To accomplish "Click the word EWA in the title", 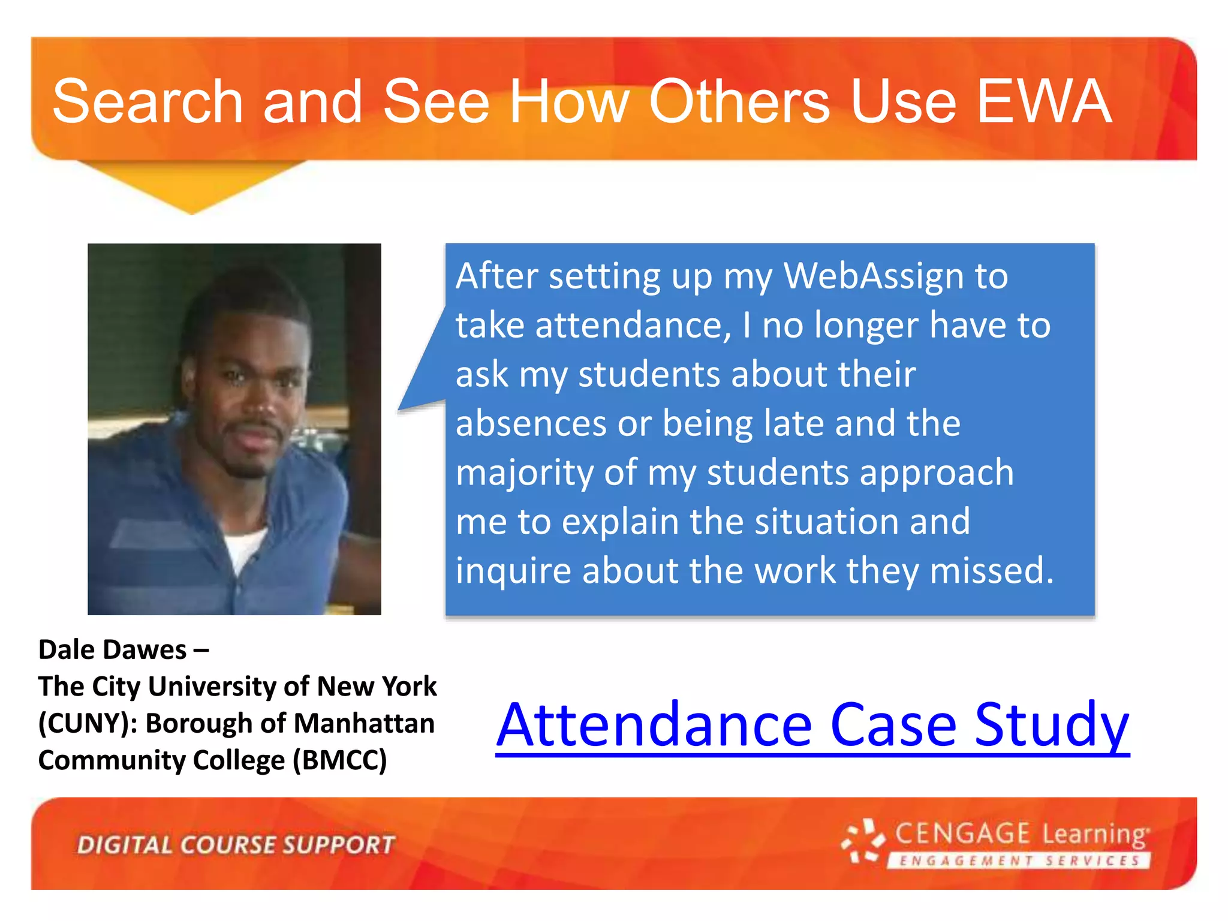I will pyautogui.click(x=1045, y=102).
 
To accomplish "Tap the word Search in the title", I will pyautogui.click(x=148, y=102).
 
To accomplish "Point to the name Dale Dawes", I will pyautogui.click(x=113, y=650).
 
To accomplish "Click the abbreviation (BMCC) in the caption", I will pyautogui.click(x=339, y=760).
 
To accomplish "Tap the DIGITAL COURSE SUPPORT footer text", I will pyautogui.click(x=236, y=845).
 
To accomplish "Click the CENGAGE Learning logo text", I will pyautogui.click(x=1022, y=834).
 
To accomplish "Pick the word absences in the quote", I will pyautogui.click(x=531, y=424).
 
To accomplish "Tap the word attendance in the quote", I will pyautogui.click(x=633, y=326).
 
